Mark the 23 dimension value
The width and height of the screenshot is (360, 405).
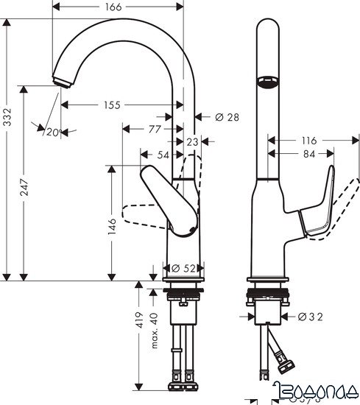coord(193,141)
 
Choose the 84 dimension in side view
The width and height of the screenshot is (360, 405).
coord(308,154)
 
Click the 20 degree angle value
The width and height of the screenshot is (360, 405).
coord(52,132)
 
